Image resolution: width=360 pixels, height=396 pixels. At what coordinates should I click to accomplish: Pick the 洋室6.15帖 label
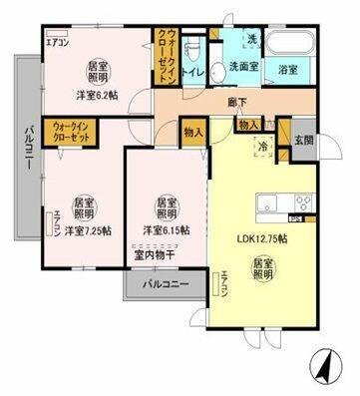pos(166,230)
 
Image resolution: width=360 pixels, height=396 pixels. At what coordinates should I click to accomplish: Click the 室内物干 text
pos(153,253)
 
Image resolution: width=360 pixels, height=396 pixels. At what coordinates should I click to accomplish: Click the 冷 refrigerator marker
pos(263,146)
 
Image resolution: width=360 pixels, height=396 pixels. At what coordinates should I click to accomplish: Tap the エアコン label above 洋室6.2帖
pos(56,42)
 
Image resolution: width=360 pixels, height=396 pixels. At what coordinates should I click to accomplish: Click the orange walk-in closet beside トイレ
pos(168,57)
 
